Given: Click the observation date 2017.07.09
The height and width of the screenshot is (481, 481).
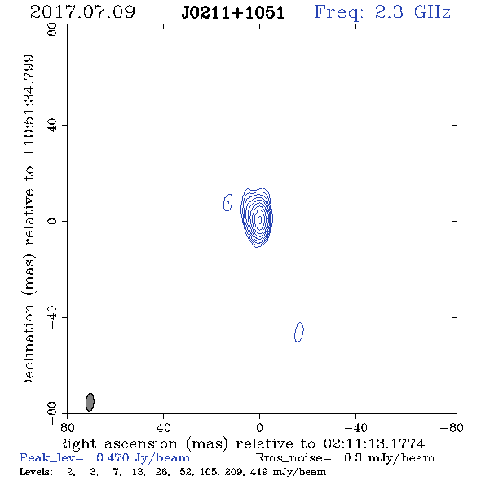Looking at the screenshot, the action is [82, 12].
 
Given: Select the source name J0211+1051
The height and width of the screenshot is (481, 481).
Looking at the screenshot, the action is [233, 13].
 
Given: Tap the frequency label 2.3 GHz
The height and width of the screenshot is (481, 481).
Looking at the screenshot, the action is [413, 12].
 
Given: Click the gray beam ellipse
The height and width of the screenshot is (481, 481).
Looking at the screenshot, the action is [90, 402].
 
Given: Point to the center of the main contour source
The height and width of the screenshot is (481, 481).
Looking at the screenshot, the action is [259, 219].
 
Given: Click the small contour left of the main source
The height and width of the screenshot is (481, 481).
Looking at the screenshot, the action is [227, 202].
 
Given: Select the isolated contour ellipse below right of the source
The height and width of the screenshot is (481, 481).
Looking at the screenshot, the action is [299, 332].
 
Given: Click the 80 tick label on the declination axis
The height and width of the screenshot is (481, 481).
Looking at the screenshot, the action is [52, 29].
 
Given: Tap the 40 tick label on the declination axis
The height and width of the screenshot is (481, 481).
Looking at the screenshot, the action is [52, 126].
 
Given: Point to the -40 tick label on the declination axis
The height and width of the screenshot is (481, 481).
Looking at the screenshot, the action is [52, 317].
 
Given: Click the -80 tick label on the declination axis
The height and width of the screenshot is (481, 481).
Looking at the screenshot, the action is [52, 413].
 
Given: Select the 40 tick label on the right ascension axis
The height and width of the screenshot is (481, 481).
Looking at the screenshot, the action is [163, 428].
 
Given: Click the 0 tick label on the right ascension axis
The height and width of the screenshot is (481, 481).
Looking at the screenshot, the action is [259, 428].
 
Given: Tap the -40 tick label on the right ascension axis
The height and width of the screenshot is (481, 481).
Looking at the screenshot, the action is [355, 428].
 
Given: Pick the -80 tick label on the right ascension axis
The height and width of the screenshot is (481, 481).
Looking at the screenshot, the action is [452, 428].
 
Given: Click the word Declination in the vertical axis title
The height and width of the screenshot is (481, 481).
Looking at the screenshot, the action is [29, 346].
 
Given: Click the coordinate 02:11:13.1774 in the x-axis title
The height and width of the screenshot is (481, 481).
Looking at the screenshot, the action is [374, 443].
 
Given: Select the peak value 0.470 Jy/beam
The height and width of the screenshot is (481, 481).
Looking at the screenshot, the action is [143, 458].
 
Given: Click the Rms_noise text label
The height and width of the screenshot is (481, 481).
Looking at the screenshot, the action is [293, 458].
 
